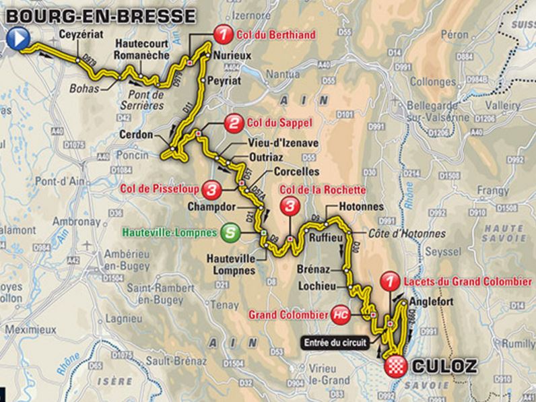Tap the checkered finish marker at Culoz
394,366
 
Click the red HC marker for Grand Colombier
341,314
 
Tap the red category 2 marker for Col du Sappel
233,123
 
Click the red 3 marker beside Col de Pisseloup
213,190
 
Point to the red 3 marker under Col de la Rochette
290,205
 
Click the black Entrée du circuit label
335,343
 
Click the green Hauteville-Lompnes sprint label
171,233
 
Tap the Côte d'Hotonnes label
407,234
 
